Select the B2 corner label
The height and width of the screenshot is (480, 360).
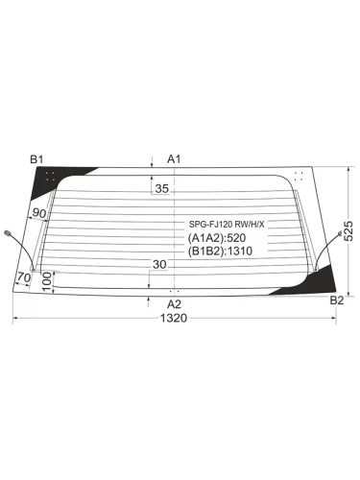336,300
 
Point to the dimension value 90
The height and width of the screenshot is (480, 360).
39,212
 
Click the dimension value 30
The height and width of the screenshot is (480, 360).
158,265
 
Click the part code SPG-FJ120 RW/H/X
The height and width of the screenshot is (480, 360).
226,225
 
